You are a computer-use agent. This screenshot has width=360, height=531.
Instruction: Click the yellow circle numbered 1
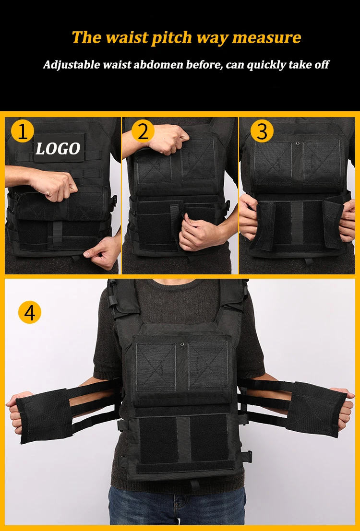point(22,131)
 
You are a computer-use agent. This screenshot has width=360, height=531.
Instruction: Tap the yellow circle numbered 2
point(143,131)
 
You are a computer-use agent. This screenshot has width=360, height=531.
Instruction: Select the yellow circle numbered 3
point(262,131)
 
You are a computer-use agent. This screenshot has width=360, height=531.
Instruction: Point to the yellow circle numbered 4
point(30,312)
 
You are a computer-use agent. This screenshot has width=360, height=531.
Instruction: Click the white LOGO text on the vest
point(58,149)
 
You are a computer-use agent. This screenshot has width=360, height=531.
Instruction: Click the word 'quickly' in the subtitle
point(266,65)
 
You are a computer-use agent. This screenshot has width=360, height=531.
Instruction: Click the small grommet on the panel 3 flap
point(298,142)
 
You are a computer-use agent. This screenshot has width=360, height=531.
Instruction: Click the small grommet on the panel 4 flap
point(183,344)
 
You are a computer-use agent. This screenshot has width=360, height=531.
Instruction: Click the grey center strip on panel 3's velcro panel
point(298,223)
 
